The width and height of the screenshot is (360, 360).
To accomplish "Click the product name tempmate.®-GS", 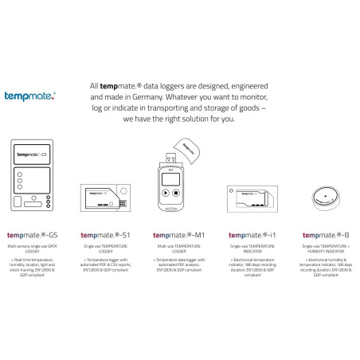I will point(33,236).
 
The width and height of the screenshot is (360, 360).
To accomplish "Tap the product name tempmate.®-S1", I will point(106,236).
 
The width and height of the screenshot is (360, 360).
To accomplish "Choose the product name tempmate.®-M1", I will point(179,236).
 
